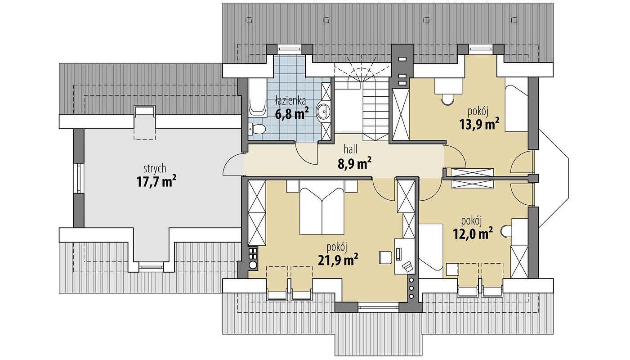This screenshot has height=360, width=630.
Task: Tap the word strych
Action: [x=155, y=169]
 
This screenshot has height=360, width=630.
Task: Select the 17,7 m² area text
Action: [x=156, y=181]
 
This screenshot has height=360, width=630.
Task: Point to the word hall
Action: [x=350, y=149]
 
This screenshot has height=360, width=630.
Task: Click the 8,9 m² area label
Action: [x=355, y=163]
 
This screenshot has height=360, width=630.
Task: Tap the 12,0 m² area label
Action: [x=473, y=234]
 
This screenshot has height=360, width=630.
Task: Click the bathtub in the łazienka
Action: [x=257, y=97]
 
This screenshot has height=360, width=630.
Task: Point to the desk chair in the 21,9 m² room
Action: [x=385, y=257]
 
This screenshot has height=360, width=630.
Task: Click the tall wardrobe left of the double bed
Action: [x=257, y=213]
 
